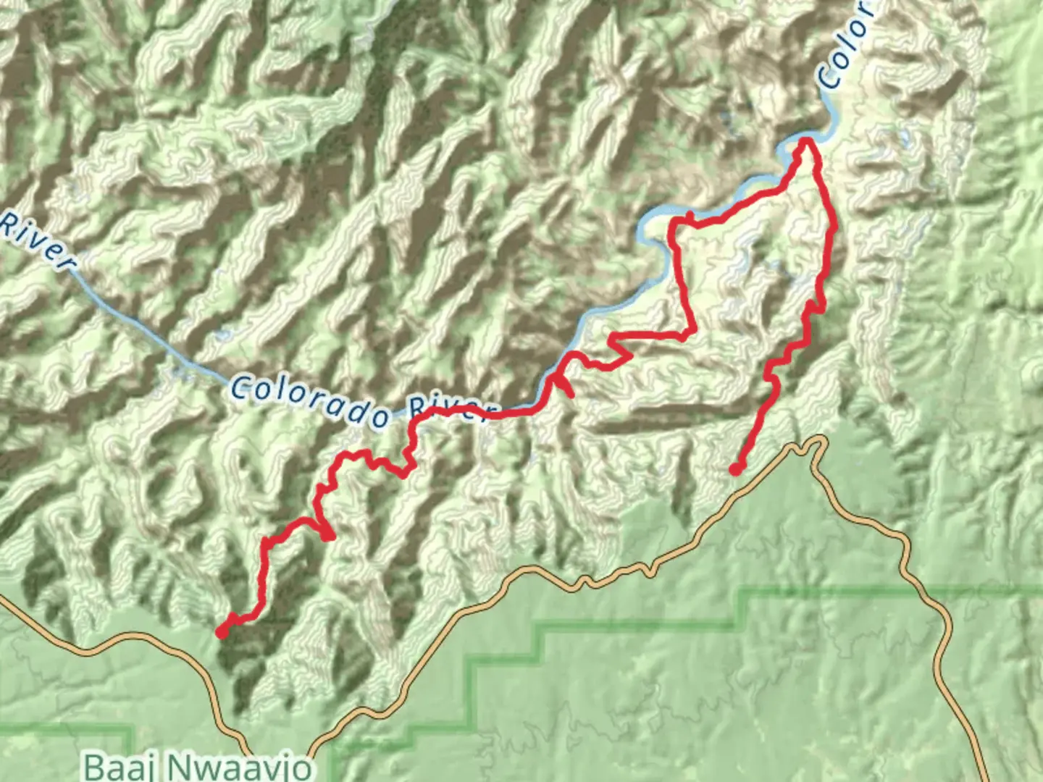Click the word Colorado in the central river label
point(310,400)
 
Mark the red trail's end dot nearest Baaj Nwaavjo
point(222,632)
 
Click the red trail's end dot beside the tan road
point(735,469)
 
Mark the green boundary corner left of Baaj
point(133,727)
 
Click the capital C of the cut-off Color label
point(829,76)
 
